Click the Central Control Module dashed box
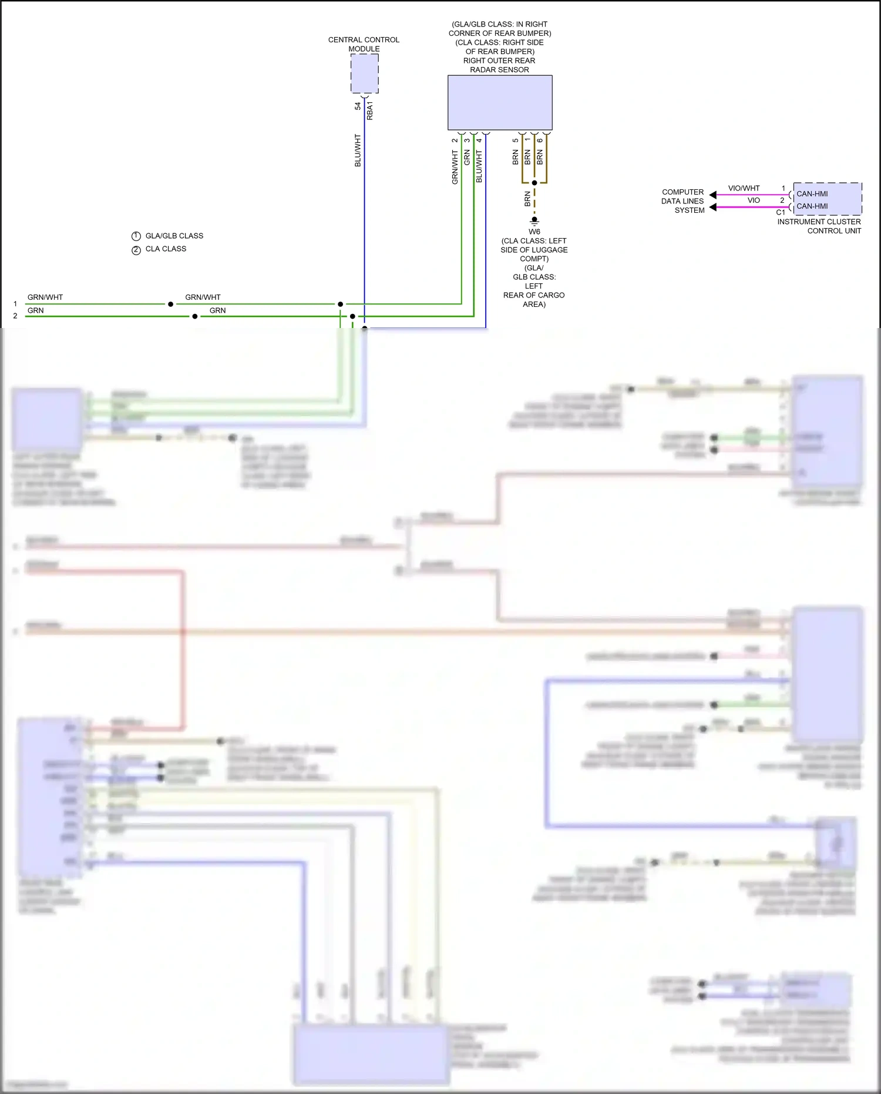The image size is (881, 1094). [x=364, y=73]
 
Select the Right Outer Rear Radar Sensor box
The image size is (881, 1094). [x=499, y=102]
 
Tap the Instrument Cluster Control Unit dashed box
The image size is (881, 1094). [x=827, y=199]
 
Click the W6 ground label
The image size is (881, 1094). [x=534, y=232]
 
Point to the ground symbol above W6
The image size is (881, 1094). [x=534, y=221]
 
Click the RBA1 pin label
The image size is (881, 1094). [x=370, y=111]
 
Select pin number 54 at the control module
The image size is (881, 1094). [x=358, y=106]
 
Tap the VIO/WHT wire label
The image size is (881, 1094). [x=744, y=188]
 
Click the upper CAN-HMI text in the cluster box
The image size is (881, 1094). [x=812, y=193]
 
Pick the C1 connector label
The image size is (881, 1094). [x=781, y=212]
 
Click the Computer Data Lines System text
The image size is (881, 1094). [x=682, y=201]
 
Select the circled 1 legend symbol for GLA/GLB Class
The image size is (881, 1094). [x=136, y=236]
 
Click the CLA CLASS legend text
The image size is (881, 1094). [x=166, y=249]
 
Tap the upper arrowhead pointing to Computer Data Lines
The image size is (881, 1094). [x=712, y=195]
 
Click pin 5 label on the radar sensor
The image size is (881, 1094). [x=515, y=140]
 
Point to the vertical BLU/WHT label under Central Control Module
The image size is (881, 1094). [x=358, y=150]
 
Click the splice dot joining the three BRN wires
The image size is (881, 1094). [x=534, y=183]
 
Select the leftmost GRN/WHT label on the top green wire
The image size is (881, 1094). [x=45, y=297]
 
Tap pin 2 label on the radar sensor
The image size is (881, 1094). [x=455, y=140]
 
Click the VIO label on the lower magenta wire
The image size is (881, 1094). [x=754, y=200]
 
